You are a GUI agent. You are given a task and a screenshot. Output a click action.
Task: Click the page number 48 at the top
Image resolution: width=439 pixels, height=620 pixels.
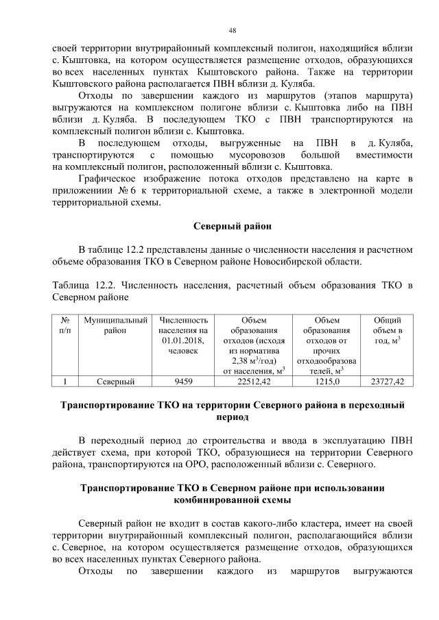pos(233,30)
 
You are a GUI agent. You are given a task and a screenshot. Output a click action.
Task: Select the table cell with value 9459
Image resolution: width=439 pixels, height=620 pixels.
pos(183,382)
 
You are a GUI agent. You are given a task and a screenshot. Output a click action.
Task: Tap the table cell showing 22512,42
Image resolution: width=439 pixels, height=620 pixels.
pos(253,382)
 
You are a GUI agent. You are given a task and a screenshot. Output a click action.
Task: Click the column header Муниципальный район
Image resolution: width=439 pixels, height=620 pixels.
pos(115,325)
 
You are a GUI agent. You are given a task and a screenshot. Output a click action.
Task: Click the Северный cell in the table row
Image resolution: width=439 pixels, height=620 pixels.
pos(115,382)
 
